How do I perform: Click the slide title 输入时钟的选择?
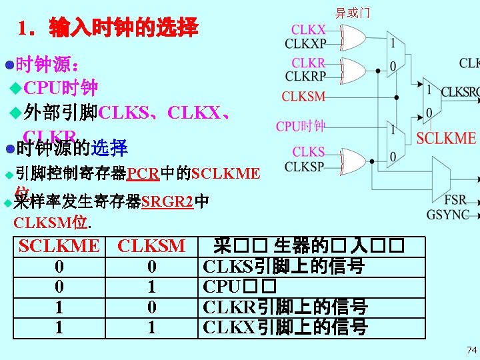coord(108,28)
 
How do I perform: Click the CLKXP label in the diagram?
coord(305,44)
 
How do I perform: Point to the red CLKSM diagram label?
coord(303,97)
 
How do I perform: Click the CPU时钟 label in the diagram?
coord(301,125)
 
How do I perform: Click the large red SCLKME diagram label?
coord(446,139)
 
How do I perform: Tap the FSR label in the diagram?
coord(456,200)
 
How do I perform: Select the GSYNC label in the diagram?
coord(448,215)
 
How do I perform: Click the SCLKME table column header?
coord(59,246)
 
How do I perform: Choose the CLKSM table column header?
coord(151,246)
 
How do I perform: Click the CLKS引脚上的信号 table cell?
coord(283,267)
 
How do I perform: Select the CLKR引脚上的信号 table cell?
coord(285,307)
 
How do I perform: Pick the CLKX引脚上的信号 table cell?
coord(285,327)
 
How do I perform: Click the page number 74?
coord(472,349)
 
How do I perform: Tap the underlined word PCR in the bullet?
coord(143,175)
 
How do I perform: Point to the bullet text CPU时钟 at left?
coord(61,87)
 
